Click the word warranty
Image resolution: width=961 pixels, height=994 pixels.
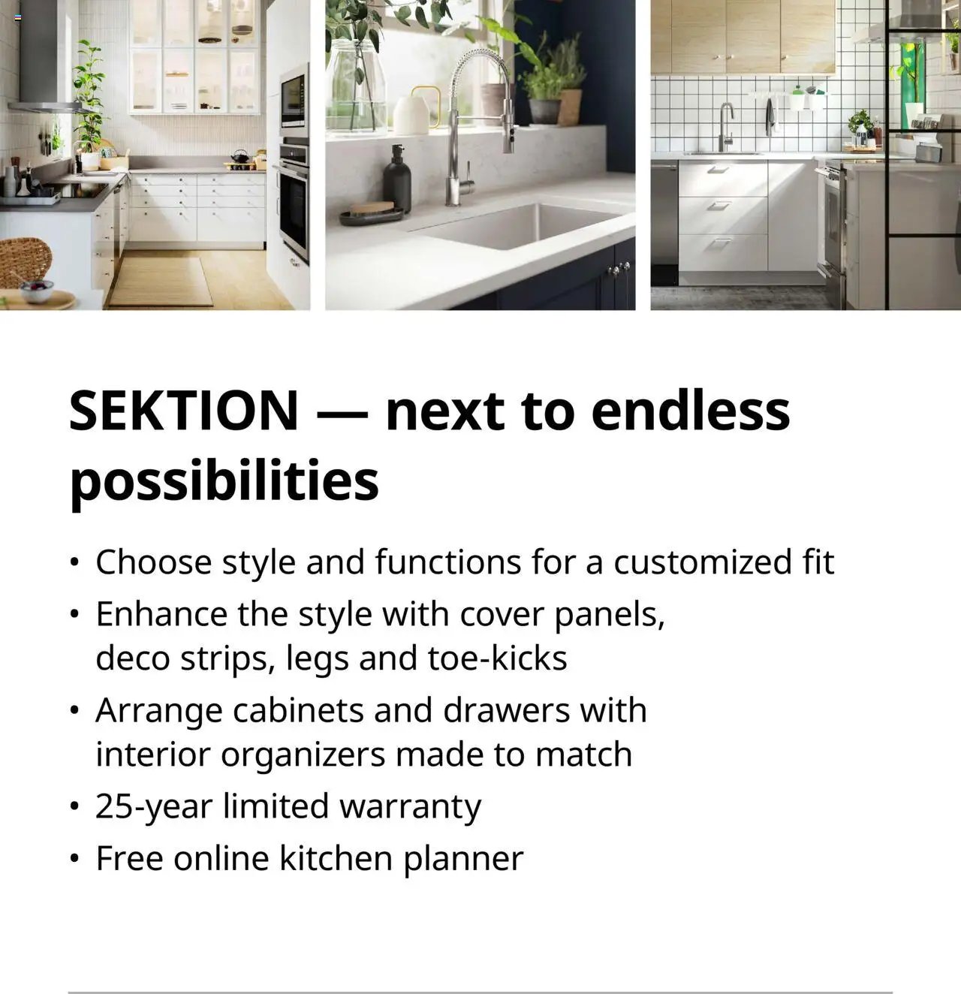tap(410, 806)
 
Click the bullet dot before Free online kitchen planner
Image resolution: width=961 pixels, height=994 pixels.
tap(74, 858)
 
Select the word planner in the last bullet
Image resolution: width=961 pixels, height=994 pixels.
tap(463, 859)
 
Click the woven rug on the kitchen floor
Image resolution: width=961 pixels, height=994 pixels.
tap(160, 282)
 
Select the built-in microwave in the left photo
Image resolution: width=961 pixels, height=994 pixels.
tap(294, 100)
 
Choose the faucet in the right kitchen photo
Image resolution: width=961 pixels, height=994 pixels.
tap(725, 127)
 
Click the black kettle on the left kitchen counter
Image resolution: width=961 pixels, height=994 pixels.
tap(239, 156)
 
